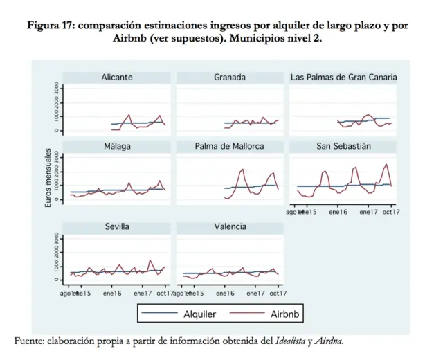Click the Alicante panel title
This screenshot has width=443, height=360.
coord(117,78)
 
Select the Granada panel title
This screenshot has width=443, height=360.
coord(230,78)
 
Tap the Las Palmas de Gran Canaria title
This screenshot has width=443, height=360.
coord(343,78)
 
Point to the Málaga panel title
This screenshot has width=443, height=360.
coord(117,146)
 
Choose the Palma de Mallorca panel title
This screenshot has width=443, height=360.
coord(230,146)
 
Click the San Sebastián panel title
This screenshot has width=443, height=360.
coord(343,146)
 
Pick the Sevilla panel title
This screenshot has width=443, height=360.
coord(117,227)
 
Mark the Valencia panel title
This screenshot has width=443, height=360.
coord(230,227)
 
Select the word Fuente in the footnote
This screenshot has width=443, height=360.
coord(30,341)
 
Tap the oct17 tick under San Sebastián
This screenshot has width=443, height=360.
coord(391,212)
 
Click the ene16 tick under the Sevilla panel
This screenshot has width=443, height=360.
coord(112,294)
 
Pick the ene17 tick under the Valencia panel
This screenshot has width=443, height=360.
coord(255,294)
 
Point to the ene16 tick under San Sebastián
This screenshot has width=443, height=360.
coord(338,212)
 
